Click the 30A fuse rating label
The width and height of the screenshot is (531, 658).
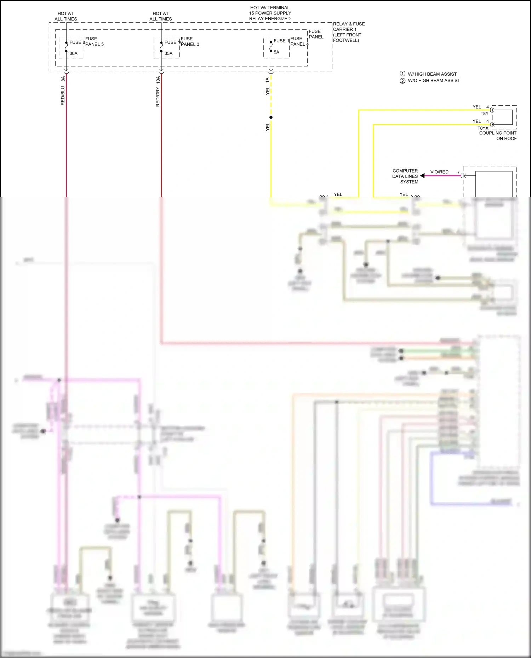tap(73, 53)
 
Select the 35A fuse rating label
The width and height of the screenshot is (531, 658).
tap(169, 53)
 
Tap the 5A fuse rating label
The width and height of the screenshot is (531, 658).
tap(276, 52)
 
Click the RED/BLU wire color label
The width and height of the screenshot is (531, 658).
tap(63, 96)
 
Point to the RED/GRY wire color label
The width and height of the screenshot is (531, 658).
tap(158, 97)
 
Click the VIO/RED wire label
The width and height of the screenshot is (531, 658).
tap(439, 172)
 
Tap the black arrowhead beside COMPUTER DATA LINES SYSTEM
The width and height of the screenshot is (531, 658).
tap(422, 176)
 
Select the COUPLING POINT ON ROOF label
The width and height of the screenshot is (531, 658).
tap(498, 136)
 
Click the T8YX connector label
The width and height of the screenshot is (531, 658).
tap(483, 128)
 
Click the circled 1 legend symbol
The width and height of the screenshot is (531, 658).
tap(402, 74)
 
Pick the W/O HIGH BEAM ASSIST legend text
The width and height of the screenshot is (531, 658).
tap(434, 81)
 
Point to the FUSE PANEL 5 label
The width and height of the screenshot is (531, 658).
tap(94, 41)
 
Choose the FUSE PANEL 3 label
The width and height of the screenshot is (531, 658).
tap(190, 41)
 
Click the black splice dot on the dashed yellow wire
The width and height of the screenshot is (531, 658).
tap(271, 117)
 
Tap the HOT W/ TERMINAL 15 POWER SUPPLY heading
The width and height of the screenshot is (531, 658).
tap(270, 13)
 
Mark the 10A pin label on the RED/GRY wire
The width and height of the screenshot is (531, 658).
tap(158, 80)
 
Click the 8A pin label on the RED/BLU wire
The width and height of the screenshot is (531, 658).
tap(63, 79)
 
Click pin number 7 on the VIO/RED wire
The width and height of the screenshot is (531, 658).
tap(458, 172)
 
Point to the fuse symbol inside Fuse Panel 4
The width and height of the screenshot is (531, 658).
tap(271, 47)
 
